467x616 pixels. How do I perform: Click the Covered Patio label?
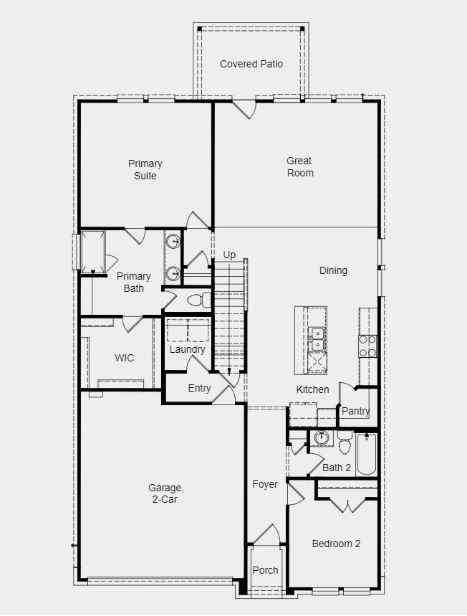point(251,64)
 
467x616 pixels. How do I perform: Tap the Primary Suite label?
point(145,170)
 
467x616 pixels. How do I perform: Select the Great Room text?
point(300,166)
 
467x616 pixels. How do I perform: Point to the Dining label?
point(333,270)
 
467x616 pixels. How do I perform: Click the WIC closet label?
point(124,358)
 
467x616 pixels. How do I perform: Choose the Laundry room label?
point(188,349)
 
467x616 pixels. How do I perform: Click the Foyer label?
point(265,484)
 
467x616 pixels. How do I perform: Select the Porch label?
point(265,570)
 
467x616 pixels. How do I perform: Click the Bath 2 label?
point(337,468)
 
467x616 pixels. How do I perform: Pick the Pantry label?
point(355,411)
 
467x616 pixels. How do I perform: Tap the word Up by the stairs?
point(229,255)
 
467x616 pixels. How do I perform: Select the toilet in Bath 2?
point(345,445)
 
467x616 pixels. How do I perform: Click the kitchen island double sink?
point(317,338)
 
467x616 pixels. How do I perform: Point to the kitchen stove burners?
point(367,346)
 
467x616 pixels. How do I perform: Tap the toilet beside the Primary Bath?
point(201,299)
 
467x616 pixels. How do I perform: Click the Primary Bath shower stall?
point(93,251)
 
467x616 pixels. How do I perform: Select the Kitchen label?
point(313,389)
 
